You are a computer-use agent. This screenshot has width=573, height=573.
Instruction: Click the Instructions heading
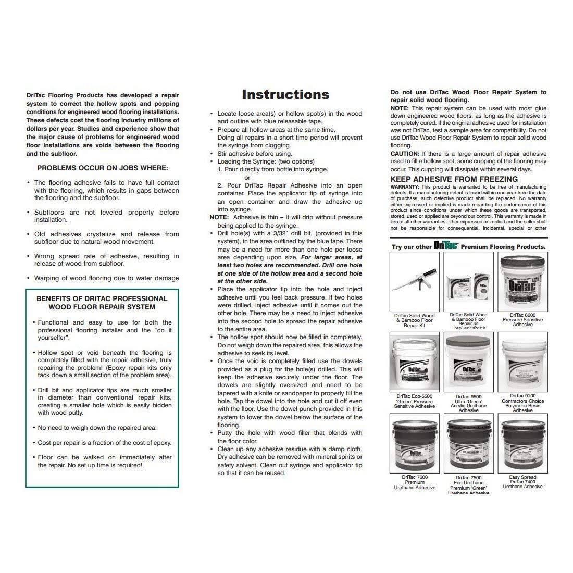pos(285,94)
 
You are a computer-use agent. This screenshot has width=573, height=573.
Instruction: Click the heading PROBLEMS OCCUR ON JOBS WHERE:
pos(103,168)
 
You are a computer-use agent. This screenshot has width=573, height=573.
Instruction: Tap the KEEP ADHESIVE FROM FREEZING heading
pos(454,179)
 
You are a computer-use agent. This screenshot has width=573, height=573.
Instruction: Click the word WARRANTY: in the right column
pos(405,186)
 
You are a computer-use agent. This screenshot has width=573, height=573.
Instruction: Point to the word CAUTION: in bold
pos(405,154)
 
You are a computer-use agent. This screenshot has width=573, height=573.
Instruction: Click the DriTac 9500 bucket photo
pos(468,362)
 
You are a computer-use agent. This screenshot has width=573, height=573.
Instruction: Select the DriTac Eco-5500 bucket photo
pos(414,362)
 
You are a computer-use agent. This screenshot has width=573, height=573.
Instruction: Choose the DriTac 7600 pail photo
pos(414,443)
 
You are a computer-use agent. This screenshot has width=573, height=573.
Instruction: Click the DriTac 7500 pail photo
pos(468,443)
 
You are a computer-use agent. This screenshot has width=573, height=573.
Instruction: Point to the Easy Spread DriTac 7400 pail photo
pos(522,443)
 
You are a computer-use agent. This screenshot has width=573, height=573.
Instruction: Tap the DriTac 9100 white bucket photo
pos(522,362)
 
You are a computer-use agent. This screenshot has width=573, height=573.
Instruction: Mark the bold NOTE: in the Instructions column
pos(219,217)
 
